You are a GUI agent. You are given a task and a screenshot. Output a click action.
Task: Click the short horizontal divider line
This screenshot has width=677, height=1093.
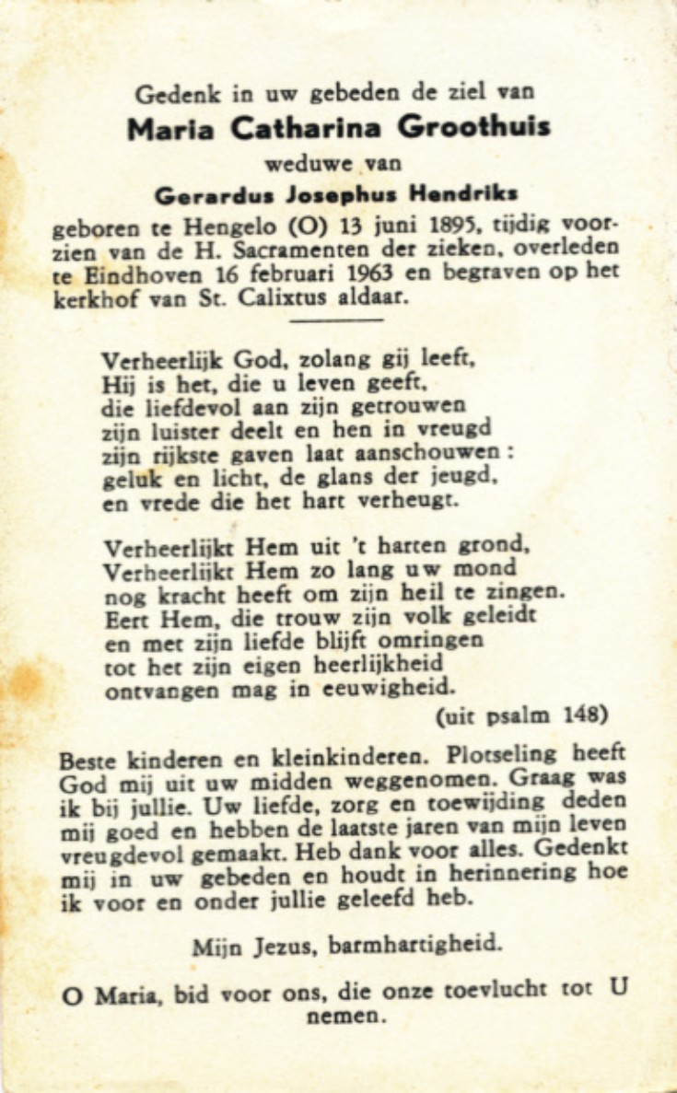pos(336,319)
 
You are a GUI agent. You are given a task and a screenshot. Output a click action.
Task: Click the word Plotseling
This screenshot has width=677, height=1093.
pos(502,753)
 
